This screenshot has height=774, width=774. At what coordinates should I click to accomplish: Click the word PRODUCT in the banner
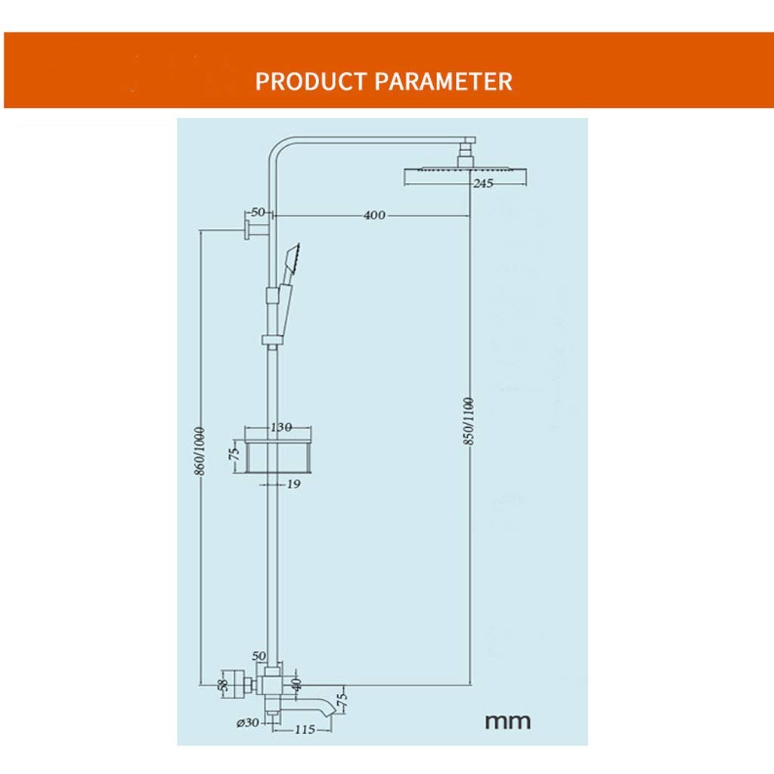click(x=311, y=81)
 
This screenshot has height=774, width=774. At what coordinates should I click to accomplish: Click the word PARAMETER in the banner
click(x=444, y=81)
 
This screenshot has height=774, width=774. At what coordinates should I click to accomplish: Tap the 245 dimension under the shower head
click(x=483, y=184)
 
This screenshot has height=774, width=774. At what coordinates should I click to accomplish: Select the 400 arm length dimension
click(x=374, y=215)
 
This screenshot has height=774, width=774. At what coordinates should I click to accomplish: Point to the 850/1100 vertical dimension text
click(x=469, y=421)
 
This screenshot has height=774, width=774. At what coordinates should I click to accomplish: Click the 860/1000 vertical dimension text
click(x=200, y=451)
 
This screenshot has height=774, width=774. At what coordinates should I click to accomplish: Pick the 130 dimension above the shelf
click(x=281, y=427)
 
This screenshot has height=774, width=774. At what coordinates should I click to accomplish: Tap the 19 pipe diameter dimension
click(x=294, y=485)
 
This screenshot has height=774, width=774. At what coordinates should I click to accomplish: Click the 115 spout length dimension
click(x=305, y=729)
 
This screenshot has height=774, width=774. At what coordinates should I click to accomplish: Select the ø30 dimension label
click(x=248, y=723)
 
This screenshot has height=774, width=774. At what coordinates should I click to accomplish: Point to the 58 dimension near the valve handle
click(x=223, y=685)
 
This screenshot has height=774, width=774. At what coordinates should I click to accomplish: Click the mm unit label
click(x=507, y=722)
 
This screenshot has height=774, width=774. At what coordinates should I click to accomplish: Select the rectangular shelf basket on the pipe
click(x=279, y=456)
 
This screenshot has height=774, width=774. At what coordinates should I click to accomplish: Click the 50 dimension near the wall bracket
click(x=258, y=212)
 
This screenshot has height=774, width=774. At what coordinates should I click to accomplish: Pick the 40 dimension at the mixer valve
click(x=296, y=683)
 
